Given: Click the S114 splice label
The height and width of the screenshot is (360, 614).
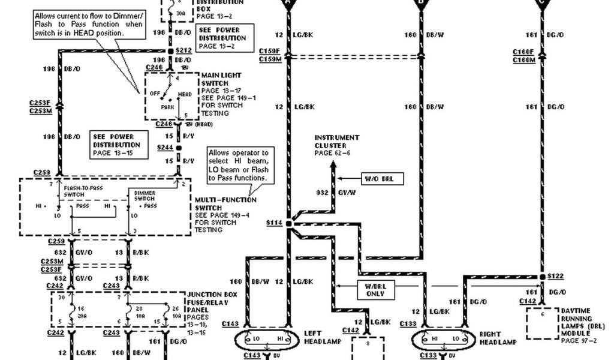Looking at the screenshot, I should point(273,223).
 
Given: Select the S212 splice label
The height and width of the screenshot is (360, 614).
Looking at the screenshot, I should point(183,51).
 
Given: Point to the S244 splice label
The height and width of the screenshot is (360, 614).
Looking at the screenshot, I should point(164,147).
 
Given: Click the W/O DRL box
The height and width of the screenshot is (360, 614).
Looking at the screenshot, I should point(383,178).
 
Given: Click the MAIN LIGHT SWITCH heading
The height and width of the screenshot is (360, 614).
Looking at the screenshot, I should point(222,79).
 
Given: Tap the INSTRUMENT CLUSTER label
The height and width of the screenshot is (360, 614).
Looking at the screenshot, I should point(337,142).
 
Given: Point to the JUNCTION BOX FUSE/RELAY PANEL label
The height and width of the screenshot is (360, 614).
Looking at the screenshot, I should point(212,303).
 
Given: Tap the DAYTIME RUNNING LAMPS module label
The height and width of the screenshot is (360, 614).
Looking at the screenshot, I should point(579,319).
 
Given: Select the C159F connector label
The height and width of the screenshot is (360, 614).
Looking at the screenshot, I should point(270,52).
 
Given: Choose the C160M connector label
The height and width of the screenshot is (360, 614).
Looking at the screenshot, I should point(523,60).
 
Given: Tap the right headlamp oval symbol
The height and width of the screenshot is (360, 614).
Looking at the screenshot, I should point(443,340).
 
